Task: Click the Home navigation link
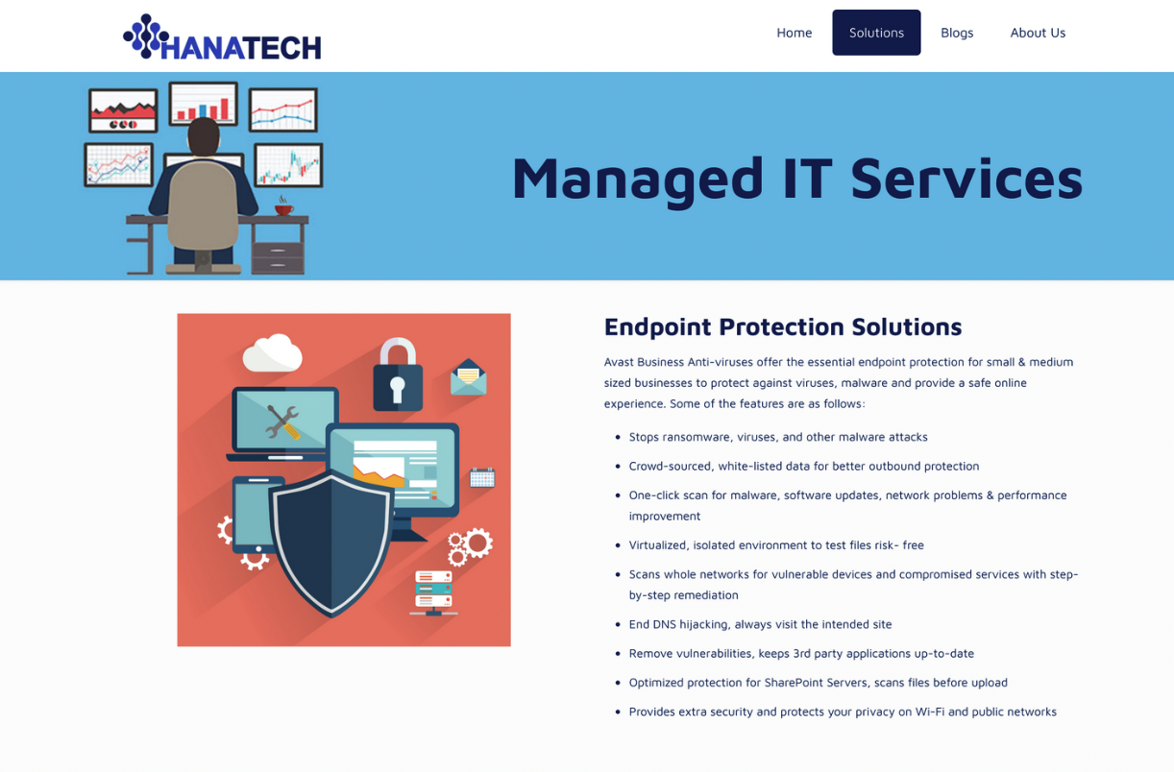pos(794,33)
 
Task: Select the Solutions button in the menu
pos(876,33)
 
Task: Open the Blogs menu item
pos(957,33)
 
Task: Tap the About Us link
pos(1038,33)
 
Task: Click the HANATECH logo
pos(222,36)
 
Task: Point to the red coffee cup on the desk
pos(283,209)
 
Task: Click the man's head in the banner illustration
pos(203,136)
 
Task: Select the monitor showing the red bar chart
pos(204,103)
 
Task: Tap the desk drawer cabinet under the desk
pos(278,257)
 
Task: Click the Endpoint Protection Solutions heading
pos(783,326)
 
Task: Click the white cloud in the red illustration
pos(273,353)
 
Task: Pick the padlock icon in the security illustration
pos(398,374)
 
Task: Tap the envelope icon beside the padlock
pos(468,377)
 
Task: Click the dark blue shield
pos(331,543)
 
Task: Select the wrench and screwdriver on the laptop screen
pos(283,422)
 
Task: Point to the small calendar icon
pos(482,477)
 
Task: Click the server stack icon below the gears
pos(433,592)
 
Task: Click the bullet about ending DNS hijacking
pos(760,624)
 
